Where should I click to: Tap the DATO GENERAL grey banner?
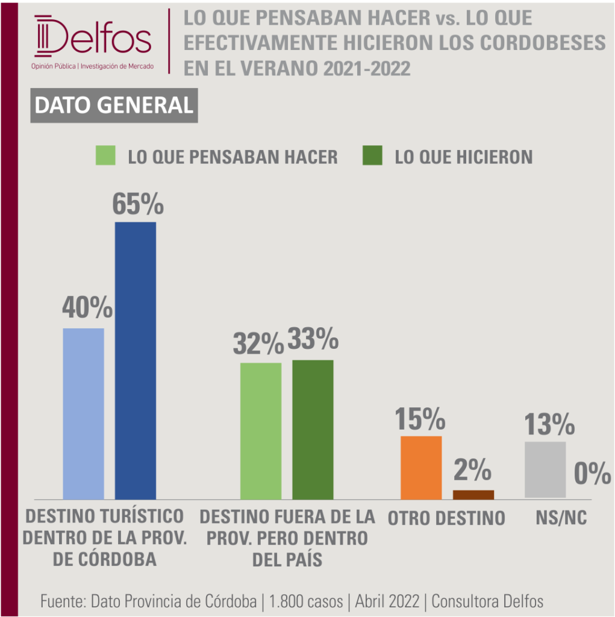tap(114, 105)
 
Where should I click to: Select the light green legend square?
tap(105, 155)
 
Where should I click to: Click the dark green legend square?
tap(372, 155)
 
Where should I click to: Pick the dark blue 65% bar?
tap(136, 361)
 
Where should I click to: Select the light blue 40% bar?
tap(83, 414)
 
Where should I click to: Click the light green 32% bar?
tap(261, 431)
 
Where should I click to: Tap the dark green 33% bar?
tap(313, 430)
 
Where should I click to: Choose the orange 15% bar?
tap(421, 468)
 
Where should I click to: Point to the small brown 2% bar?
tap(473, 495)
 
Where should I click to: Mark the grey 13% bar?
tap(545, 470)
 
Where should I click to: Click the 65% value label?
tap(138, 204)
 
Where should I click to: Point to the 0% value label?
tap(593, 473)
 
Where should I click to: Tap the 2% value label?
tap(473, 470)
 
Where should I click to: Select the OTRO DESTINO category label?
tap(446, 518)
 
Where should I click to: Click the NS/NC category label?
tap(561, 518)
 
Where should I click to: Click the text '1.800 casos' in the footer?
tap(306, 601)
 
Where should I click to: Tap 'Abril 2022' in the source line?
tap(387, 601)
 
